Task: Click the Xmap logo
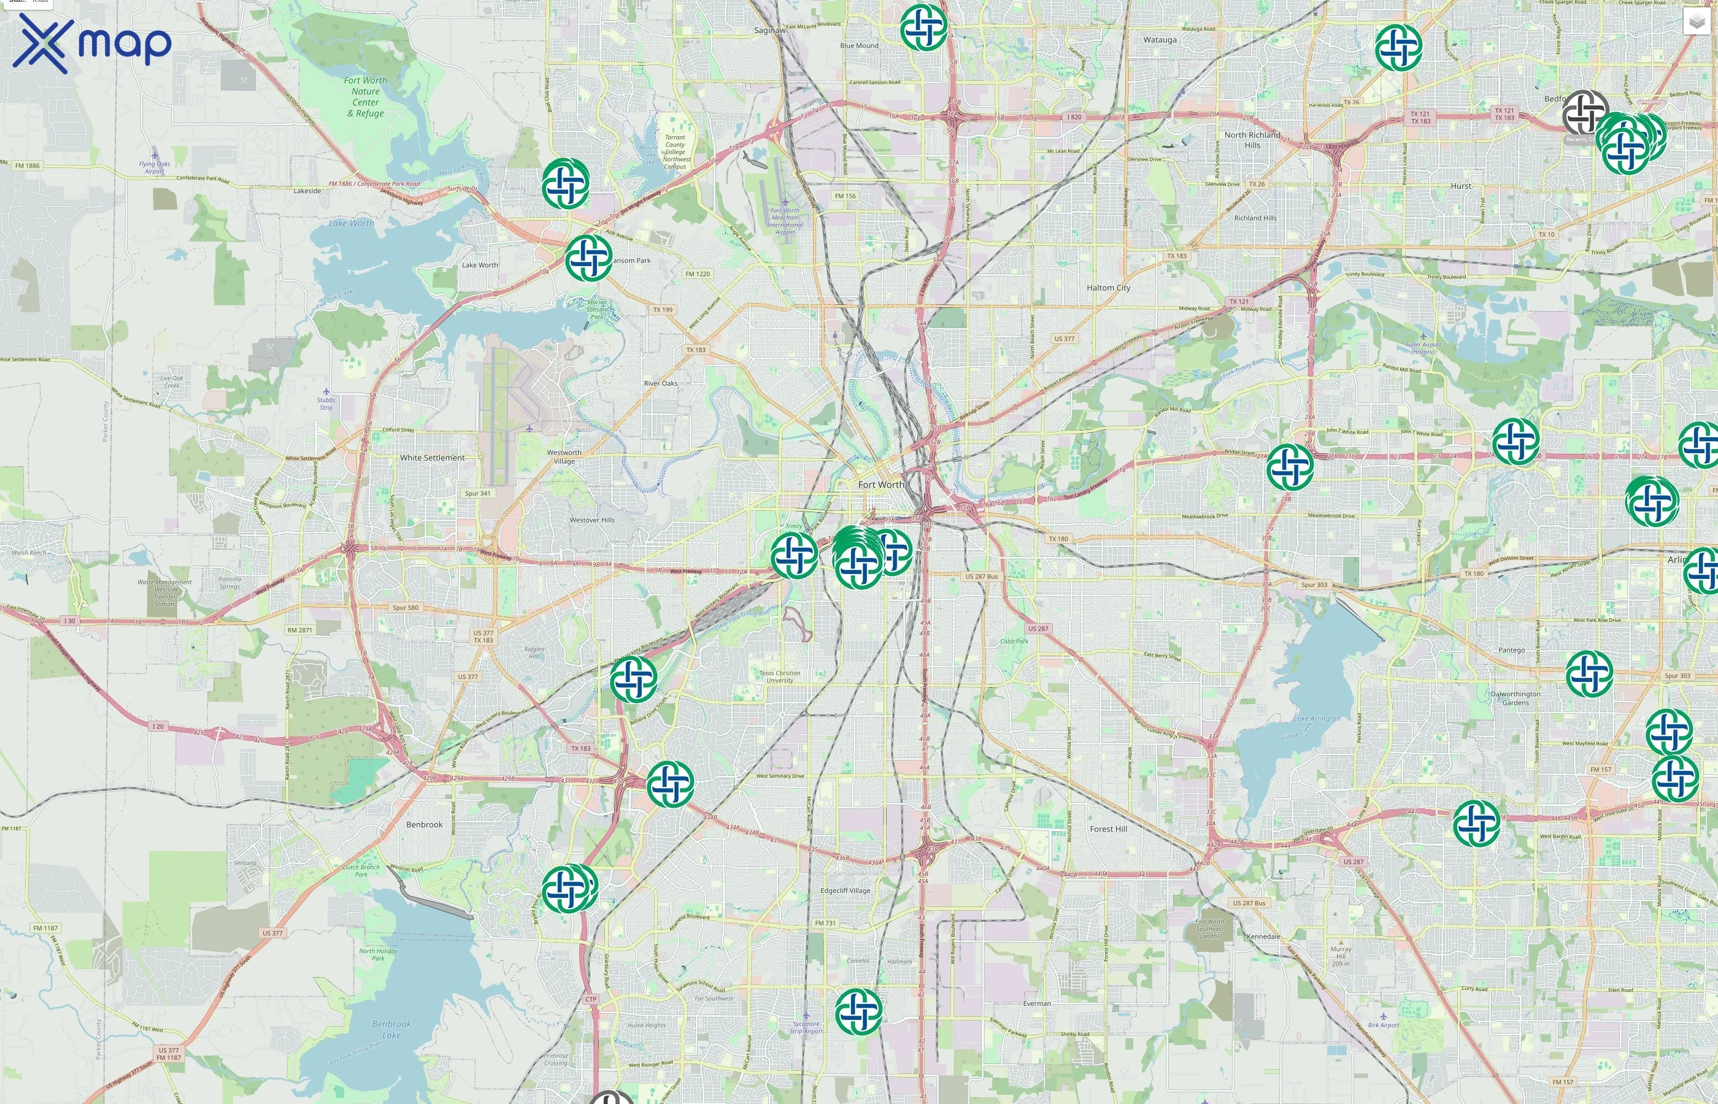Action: point(92,43)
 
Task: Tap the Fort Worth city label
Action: point(880,485)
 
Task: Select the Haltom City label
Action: point(1108,288)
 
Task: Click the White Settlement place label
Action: point(432,458)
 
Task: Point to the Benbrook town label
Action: point(425,824)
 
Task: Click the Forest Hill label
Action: point(1108,829)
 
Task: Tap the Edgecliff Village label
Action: point(845,891)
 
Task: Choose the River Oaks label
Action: point(660,383)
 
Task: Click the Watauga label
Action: point(1160,40)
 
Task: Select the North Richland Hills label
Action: point(1252,140)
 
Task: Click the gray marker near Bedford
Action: point(1585,113)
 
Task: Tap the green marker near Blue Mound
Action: point(923,27)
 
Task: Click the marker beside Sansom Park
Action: point(588,258)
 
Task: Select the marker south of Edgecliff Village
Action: point(858,1011)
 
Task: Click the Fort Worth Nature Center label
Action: point(365,97)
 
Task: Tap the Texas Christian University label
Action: point(779,676)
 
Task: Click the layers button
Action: point(1697,22)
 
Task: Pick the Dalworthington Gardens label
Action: point(1515,698)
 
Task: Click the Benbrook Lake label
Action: point(391,1029)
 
